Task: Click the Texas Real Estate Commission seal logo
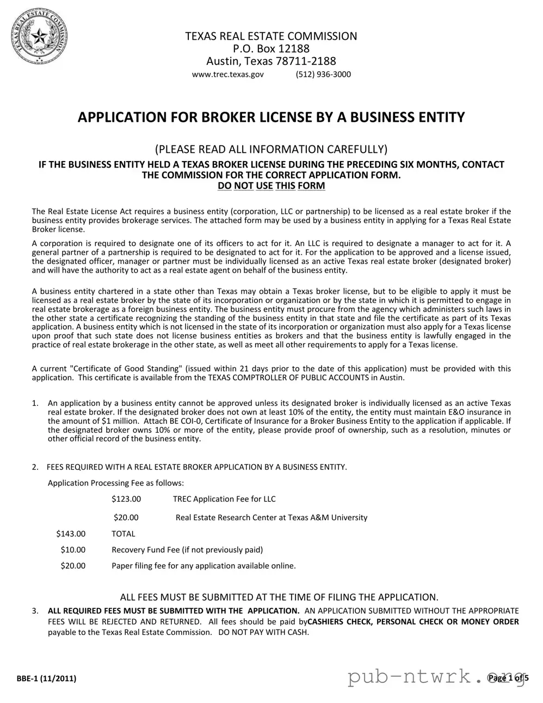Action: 40,38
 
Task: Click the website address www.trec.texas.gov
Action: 228,74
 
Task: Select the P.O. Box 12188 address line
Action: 271,48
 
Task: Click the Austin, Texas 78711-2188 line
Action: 271,61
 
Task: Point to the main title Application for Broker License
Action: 271,117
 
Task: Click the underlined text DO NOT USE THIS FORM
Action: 271,186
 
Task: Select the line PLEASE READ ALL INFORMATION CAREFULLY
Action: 271,149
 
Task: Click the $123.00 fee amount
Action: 126,499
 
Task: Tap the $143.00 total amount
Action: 71,534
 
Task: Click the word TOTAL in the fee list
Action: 124,534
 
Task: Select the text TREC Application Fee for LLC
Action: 224,499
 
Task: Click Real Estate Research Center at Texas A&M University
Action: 271,517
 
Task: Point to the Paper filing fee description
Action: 203,566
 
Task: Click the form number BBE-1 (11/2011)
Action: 46,679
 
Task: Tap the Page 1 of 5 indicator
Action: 508,677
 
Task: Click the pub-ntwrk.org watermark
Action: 430,676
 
